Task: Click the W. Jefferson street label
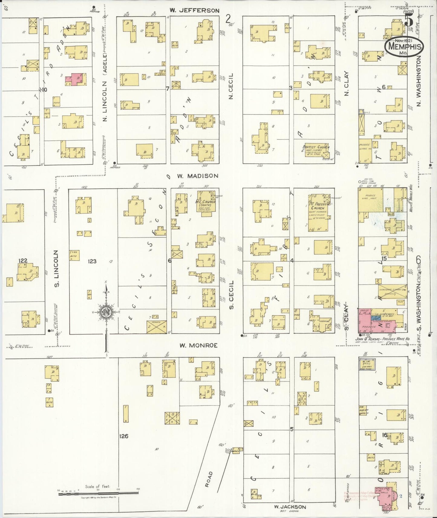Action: [x=194, y=10]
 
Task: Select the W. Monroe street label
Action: [x=198, y=345]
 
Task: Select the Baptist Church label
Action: [x=316, y=147]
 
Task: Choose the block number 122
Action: [x=23, y=261]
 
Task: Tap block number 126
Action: [x=123, y=436]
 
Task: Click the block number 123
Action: [x=92, y=261]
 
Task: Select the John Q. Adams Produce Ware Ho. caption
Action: [x=383, y=339]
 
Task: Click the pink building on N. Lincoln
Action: [x=75, y=79]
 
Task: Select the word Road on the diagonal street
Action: [x=208, y=479]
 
